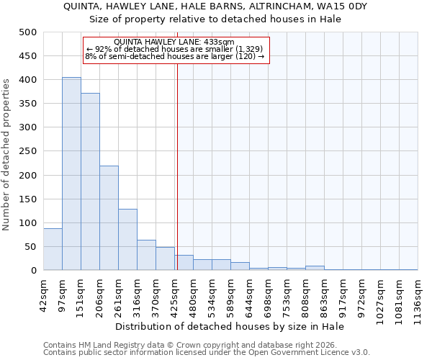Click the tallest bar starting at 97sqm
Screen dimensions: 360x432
pyautogui.click(x=71, y=174)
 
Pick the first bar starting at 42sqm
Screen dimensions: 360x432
pyautogui.click(x=53, y=249)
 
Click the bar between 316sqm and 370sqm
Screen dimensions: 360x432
pyautogui.click(x=146, y=255)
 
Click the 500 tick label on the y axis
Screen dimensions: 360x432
pyautogui.click(x=28, y=32)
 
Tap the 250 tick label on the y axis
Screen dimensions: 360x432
pyautogui.click(x=28, y=151)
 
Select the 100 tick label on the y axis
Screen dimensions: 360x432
pyautogui.click(x=28, y=223)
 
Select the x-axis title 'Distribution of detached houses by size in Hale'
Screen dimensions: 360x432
pyautogui.click(x=230, y=327)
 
